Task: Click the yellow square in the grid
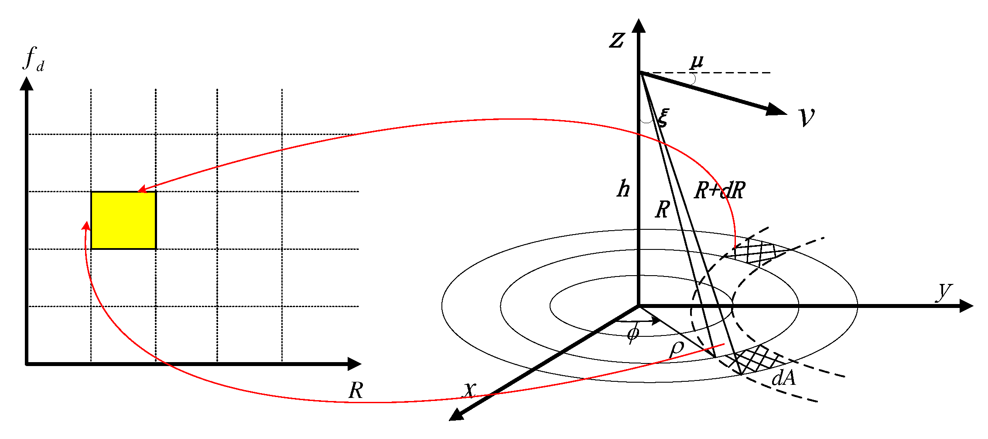123,220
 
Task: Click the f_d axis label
33,59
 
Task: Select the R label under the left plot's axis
356,390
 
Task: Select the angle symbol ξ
663,117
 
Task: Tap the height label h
623,189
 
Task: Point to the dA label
783,378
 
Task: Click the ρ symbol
677,349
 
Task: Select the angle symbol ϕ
632,334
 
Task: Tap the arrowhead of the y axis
966,306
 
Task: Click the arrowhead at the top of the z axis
639,26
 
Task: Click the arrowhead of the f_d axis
27,84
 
